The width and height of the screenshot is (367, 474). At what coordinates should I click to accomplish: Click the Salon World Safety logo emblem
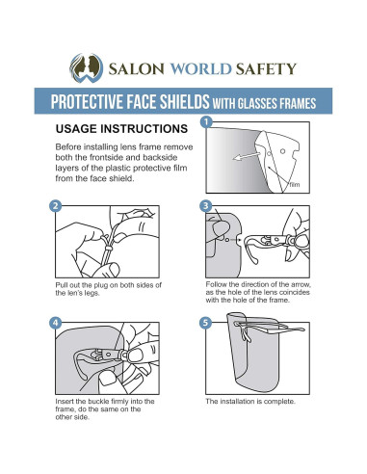pyautogui.click(x=87, y=68)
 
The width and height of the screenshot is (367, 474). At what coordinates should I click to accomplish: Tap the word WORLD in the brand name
pyautogui.click(x=200, y=68)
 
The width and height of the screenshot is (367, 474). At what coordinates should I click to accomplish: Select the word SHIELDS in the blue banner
pyautogui.click(x=185, y=101)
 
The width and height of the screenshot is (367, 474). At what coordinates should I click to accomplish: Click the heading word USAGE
pyautogui.click(x=76, y=128)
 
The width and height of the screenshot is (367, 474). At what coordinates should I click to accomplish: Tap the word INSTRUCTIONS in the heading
pyautogui.click(x=144, y=128)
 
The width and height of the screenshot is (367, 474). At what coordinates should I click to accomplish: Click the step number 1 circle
pyautogui.click(x=206, y=122)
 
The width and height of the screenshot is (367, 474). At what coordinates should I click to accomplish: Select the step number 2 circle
pyautogui.click(x=56, y=206)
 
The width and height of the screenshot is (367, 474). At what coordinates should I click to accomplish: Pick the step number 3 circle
pyautogui.click(x=206, y=206)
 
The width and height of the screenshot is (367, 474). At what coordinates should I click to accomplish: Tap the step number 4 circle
pyautogui.click(x=56, y=323)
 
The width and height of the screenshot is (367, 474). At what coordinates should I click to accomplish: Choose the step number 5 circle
pyautogui.click(x=206, y=323)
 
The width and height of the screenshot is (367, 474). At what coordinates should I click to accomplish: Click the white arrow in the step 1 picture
pyautogui.click(x=248, y=155)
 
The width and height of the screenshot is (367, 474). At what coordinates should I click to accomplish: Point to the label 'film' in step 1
pyautogui.click(x=295, y=185)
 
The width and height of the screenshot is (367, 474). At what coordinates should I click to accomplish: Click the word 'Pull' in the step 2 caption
pyautogui.click(x=61, y=285)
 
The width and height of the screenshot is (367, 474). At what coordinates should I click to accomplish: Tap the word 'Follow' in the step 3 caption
pyautogui.click(x=217, y=284)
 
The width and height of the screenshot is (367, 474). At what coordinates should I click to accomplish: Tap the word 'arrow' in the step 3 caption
pyautogui.click(x=301, y=284)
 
